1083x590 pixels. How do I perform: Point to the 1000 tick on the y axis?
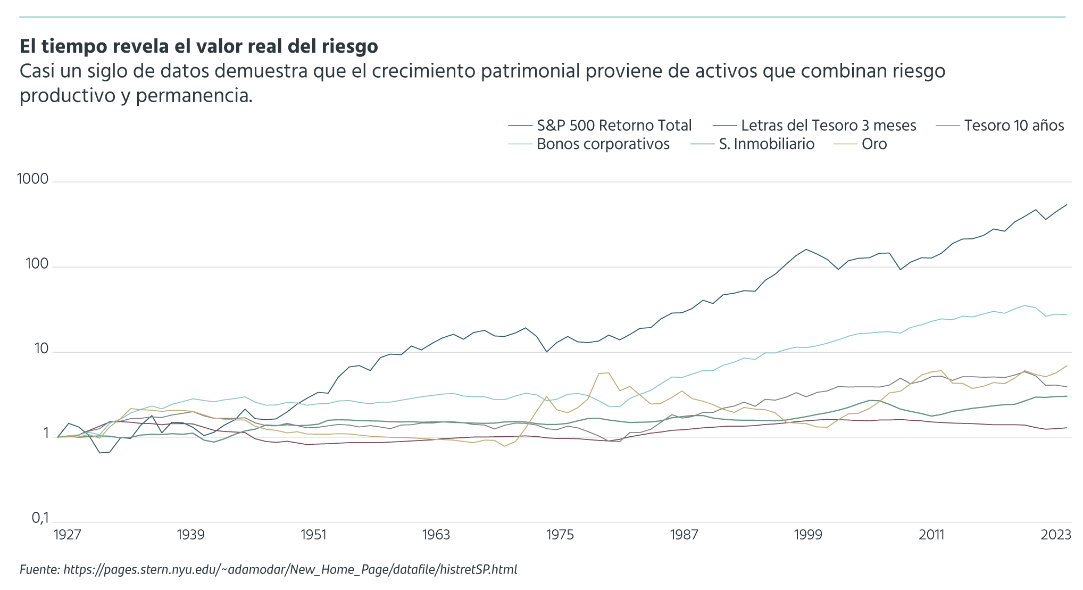tap(33, 179)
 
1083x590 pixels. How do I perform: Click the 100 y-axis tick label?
tap(37, 264)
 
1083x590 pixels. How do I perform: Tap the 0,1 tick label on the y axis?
tap(40, 518)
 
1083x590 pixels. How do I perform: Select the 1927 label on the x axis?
tap(67, 535)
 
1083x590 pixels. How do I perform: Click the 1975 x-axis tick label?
tap(560, 535)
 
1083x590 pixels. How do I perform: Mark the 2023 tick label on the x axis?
tap(1055, 535)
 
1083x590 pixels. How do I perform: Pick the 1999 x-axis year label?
tap(807, 535)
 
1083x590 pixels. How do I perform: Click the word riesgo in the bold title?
tap(349, 47)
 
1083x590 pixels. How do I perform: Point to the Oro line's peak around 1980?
tap(608, 372)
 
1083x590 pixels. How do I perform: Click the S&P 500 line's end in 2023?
tap(1067, 204)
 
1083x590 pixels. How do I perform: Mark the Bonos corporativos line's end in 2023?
tap(1067, 315)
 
